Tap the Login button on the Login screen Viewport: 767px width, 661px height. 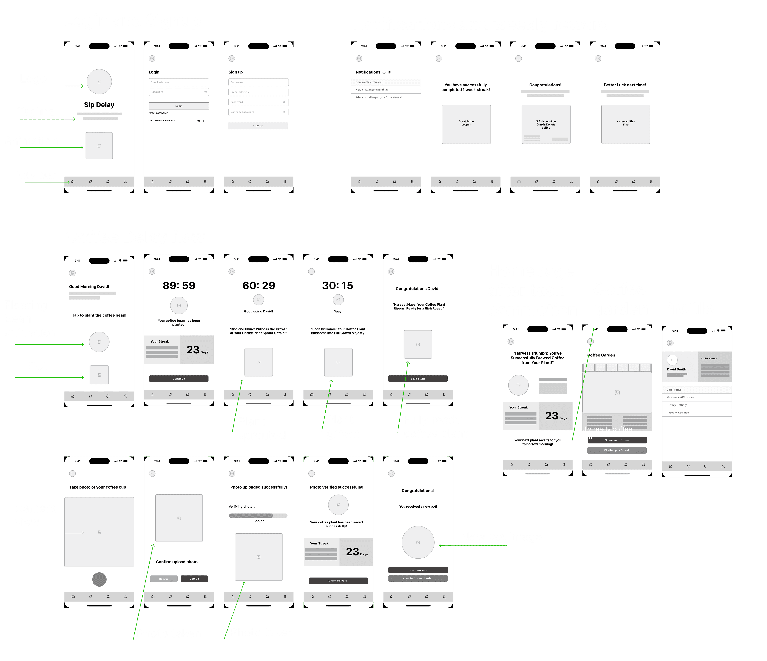tap(179, 106)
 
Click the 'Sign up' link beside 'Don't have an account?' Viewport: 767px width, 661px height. tap(200, 121)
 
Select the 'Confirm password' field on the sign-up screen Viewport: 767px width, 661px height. tap(258, 112)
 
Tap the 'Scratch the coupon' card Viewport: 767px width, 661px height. tap(466, 124)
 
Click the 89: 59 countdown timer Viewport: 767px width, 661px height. tap(179, 286)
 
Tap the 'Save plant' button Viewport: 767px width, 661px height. tap(418, 379)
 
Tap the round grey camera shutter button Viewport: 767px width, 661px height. tap(99, 579)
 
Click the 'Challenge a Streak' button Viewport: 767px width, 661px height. tap(617, 450)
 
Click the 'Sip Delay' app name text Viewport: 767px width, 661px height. tap(99, 105)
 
